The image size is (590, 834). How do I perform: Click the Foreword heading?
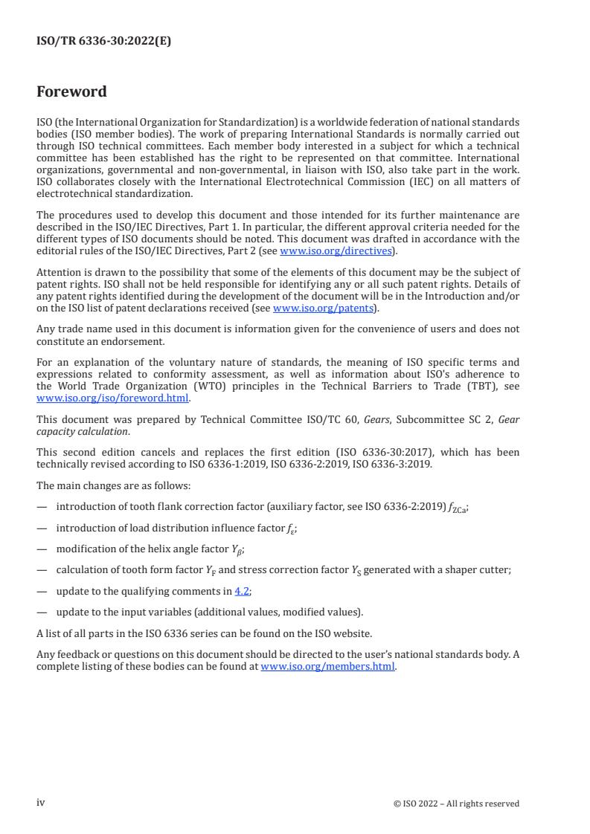(71, 92)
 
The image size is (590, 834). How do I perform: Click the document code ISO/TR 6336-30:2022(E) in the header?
(103, 42)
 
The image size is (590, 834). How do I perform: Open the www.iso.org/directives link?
(336, 251)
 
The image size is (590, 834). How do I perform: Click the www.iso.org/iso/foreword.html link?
(112, 398)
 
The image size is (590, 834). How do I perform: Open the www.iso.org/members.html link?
(328, 667)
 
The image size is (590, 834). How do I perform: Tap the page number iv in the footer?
(41, 803)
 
